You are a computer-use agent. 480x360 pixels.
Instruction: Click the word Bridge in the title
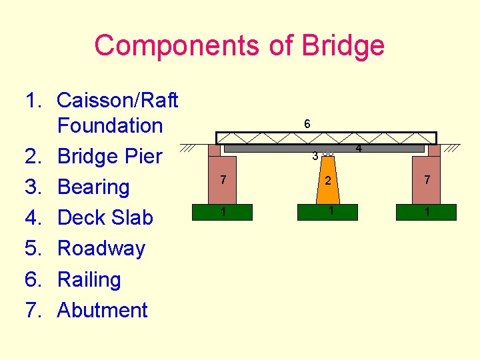[x=343, y=46]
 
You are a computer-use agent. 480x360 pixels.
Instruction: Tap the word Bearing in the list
[x=93, y=187]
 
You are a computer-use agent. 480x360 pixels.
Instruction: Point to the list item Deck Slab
[x=105, y=217]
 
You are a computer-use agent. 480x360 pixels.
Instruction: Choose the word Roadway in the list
[x=101, y=248]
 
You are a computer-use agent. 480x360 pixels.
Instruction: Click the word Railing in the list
[x=89, y=279]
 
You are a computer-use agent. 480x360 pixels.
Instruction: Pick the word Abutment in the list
[x=103, y=310]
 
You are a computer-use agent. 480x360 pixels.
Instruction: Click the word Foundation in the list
[x=110, y=125]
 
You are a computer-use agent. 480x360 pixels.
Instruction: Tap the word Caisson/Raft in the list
[x=118, y=100]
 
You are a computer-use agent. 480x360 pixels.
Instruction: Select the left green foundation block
[x=224, y=212]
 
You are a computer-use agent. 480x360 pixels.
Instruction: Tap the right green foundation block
[x=426, y=212]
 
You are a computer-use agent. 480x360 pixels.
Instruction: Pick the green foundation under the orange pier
[x=328, y=212]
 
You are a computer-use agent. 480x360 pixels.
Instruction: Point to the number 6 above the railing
[x=307, y=124]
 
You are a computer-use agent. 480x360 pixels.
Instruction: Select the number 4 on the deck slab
[x=358, y=148]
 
